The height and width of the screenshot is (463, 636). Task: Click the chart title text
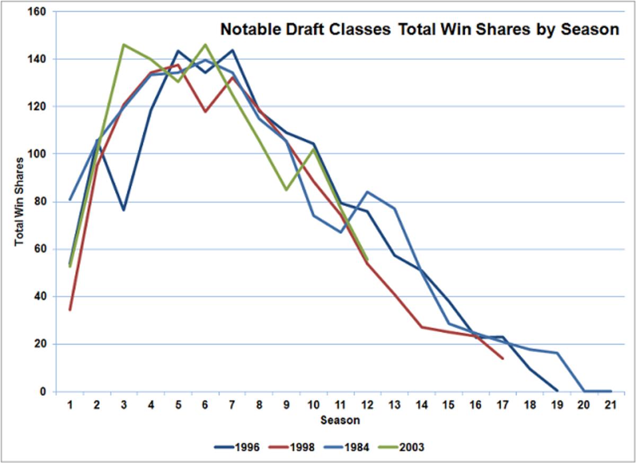point(419,30)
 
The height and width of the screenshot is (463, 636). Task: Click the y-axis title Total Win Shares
point(19,201)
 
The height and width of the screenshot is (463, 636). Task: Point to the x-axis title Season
point(340,421)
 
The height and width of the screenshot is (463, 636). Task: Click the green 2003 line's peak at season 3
point(124,44)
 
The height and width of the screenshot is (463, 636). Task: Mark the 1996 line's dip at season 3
point(124,210)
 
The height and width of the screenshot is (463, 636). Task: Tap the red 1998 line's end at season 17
point(502,359)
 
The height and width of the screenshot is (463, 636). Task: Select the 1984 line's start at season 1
point(70,200)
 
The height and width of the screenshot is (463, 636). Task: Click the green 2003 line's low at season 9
point(286,190)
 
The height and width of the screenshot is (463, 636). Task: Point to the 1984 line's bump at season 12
point(367,192)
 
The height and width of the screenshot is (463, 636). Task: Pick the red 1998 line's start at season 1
point(70,310)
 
